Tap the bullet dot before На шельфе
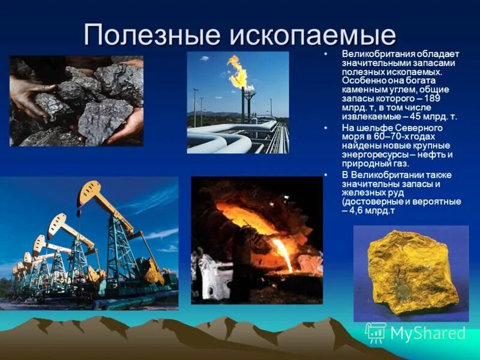tap(326, 128)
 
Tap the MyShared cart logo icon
tap(376, 332)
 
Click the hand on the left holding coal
tap(27, 96)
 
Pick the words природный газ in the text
tap(375, 163)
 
